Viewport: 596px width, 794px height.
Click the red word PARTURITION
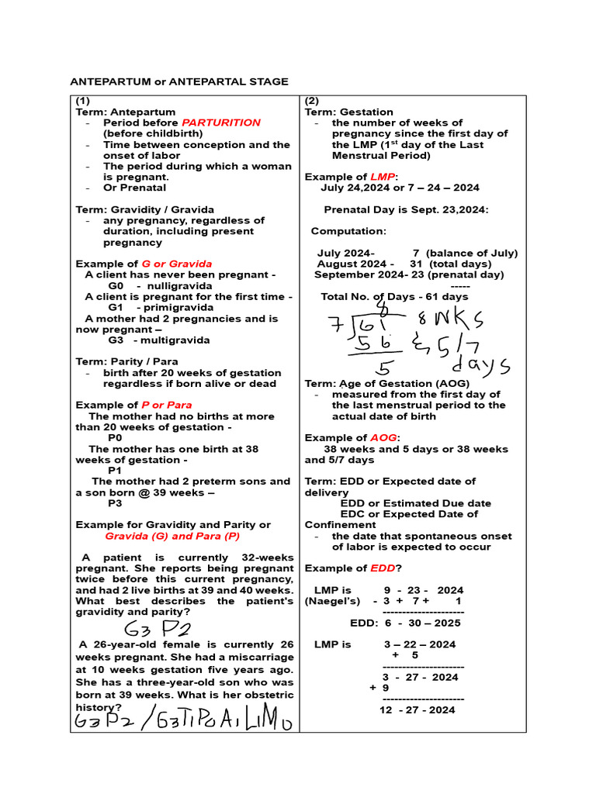(x=221, y=123)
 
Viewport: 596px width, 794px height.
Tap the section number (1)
(x=82, y=101)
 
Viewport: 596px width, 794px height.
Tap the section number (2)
(x=311, y=101)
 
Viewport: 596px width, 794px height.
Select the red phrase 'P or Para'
(x=166, y=405)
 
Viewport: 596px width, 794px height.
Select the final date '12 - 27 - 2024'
(x=418, y=709)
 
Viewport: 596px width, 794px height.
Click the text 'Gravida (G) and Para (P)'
(x=172, y=536)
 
